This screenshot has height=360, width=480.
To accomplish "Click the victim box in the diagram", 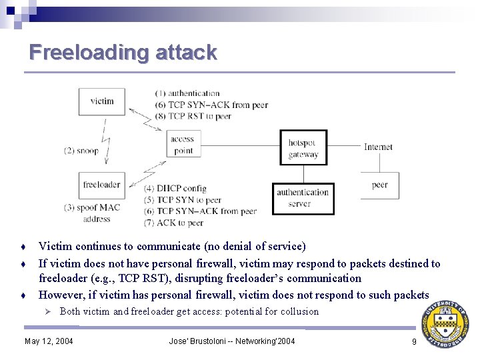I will (x=101, y=101).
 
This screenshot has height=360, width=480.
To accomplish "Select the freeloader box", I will (x=101, y=185).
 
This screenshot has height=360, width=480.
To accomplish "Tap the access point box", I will (x=182, y=145).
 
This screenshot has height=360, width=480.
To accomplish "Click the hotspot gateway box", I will (x=303, y=149).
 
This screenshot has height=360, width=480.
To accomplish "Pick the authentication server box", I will (x=303, y=198).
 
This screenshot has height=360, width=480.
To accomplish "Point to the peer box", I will (x=380, y=185).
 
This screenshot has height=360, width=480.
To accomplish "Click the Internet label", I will (x=378, y=147).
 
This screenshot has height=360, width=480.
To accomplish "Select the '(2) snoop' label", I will (x=81, y=151).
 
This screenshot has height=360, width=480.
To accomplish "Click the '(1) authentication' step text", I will (x=187, y=93).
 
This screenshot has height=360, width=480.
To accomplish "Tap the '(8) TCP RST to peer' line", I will (x=193, y=116).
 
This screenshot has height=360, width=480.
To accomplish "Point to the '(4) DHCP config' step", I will (x=175, y=189).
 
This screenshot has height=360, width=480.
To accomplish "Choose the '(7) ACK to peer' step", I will (x=174, y=223).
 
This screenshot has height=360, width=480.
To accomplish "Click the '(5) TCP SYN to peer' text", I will (x=183, y=200).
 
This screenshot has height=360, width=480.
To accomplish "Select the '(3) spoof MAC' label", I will (x=92, y=207).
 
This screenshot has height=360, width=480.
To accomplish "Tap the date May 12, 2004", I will (x=49, y=341).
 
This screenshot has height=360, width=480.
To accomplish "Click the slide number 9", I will (x=414, y=341).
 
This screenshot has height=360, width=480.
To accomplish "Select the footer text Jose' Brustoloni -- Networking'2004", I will (x=232, y=341).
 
